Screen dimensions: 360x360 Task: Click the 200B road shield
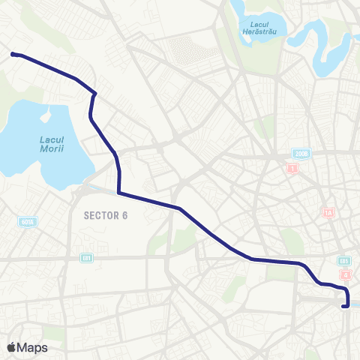(299, 153)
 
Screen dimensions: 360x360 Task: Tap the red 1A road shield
(328, 212)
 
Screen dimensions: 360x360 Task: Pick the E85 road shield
(343, 260)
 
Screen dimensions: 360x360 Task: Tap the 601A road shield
(28, 222)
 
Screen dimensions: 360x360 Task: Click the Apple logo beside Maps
(11, 347)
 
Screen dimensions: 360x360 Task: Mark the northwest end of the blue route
(13, 54)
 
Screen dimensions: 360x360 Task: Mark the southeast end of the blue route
(343, 305)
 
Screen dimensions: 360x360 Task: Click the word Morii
(51, 149)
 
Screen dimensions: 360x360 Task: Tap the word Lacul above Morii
(51, 139)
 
